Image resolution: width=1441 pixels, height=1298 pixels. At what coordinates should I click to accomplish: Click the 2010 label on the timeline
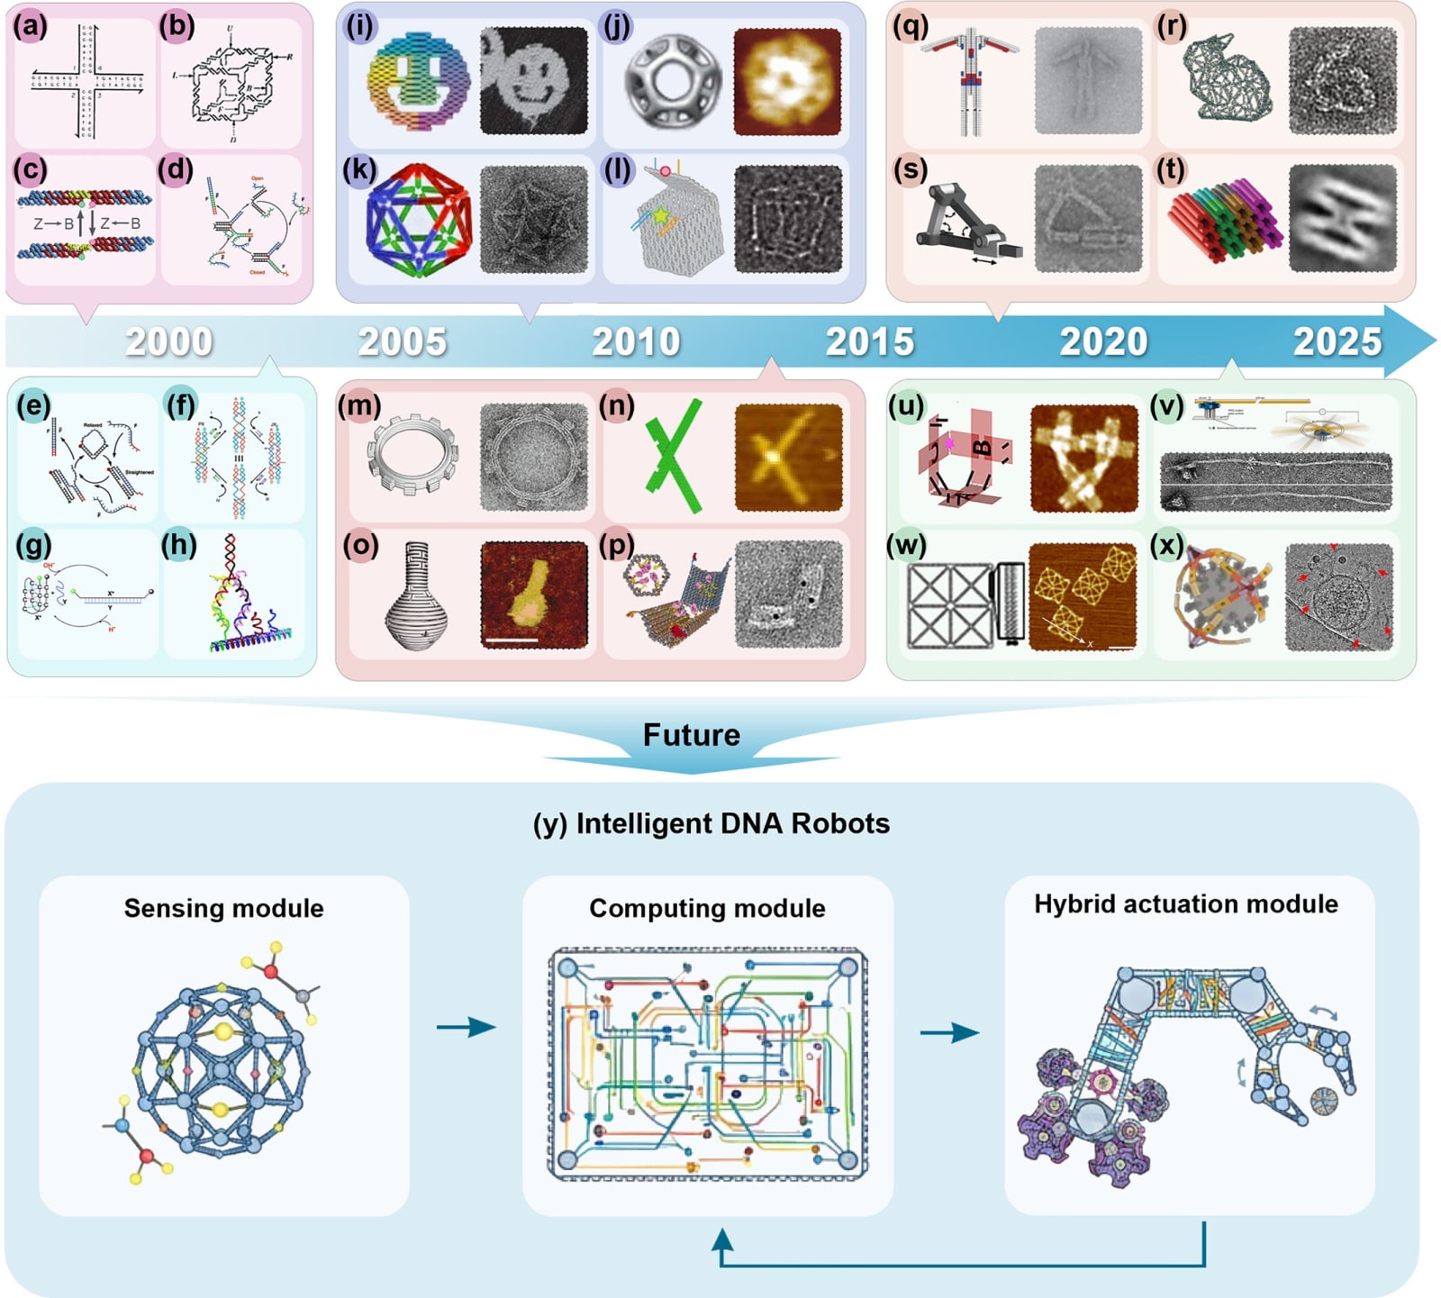[x=636, y=342]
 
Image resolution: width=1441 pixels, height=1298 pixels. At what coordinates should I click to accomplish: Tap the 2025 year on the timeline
[x=1337, y=342]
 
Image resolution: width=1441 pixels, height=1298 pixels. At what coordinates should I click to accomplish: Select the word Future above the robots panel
[x=691, y=735]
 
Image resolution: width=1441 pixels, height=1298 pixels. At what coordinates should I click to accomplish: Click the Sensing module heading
[x=223, y=908]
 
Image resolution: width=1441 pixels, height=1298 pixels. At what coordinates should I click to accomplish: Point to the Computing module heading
[x=707, y=908]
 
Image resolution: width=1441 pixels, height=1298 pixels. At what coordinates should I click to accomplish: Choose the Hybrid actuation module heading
[x=1185, y=904]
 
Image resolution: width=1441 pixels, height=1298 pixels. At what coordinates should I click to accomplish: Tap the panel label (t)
[x=1171, y=169]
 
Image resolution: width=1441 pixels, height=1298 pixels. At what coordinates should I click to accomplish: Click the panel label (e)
[x=33, y=406]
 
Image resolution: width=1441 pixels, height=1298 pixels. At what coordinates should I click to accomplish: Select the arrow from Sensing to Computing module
[x=466, y=1027]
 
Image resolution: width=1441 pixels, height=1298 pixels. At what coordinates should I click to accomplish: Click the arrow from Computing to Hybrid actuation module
[x=948, y=1032]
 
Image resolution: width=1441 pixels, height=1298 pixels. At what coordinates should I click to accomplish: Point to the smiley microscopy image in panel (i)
[x=533, y=81]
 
